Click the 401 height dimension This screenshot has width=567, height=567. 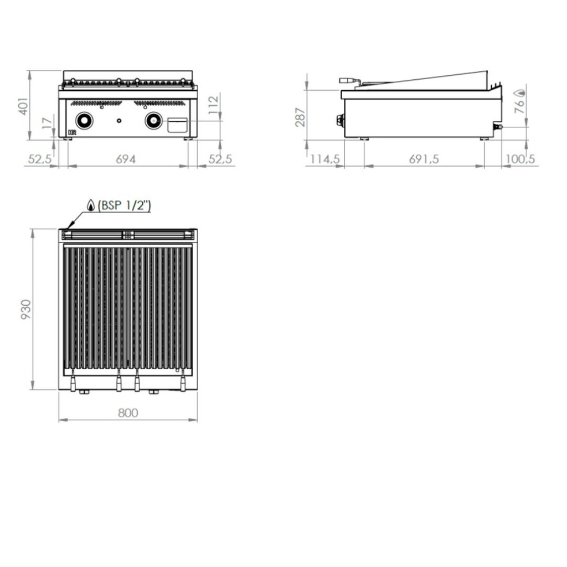click(22, 105)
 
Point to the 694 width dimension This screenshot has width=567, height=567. click(127, 159)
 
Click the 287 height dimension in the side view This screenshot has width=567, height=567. click(300, 116)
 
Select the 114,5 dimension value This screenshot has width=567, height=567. click(324, 159)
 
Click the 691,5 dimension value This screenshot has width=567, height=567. click(424, 159)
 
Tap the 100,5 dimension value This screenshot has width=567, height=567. click(520, 159)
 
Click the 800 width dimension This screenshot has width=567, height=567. click(127, 413)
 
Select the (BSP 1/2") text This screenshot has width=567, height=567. click(123, 206)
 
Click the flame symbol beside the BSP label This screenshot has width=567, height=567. click(90, 205)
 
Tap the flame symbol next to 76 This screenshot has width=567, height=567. click(520, 92)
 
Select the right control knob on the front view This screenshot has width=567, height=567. click(153, 120)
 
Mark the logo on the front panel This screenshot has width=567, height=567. click(71, 132)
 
